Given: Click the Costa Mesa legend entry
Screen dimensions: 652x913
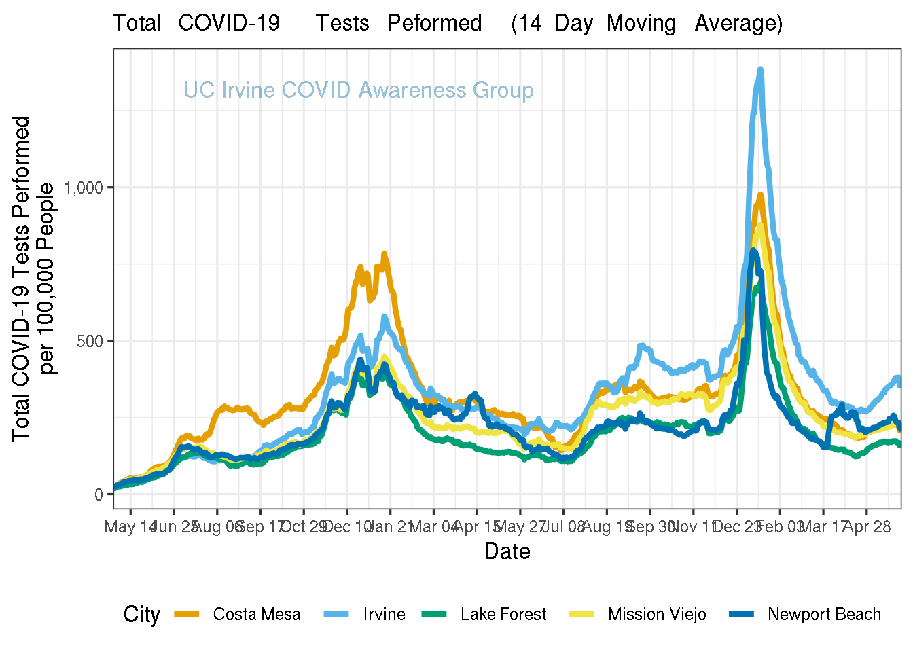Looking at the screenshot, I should tap(256, 614).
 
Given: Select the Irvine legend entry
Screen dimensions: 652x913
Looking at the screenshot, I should tap(384, 614).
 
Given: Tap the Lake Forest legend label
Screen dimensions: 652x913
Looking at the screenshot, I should tap(503, 614).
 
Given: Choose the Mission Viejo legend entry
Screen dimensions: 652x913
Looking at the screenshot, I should tap(657, 614).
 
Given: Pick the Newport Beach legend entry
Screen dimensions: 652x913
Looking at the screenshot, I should tap(824, 614).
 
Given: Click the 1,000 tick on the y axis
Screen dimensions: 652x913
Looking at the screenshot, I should tap(84, 187).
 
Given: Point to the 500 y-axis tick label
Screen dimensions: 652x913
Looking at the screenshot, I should tap(90, 341).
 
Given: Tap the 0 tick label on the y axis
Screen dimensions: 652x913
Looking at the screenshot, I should tap(99, 494).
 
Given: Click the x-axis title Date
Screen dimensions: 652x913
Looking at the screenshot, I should tap(507, 551).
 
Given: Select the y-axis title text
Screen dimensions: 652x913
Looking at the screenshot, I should tap(33, 278).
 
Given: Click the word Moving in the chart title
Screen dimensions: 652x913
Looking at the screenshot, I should tap(641, 23).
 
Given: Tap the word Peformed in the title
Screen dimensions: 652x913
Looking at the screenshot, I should tap(434, 23).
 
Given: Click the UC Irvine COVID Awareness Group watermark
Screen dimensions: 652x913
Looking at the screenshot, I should tap(359, 90).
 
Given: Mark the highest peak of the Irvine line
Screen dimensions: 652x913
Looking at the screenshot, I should tap(760, 69).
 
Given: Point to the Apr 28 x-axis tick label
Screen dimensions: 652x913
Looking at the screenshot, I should tap(867, 527).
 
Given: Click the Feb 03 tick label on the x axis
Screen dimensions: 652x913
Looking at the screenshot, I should tap(780, 527).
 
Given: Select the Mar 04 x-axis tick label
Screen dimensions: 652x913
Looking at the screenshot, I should tap(433, 527).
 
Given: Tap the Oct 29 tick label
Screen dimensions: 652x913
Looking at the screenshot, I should tap(304, 527).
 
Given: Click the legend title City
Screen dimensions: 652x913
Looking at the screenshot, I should tap(141, 614).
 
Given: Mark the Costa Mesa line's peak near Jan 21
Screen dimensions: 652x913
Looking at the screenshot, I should tap(384, 254).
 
